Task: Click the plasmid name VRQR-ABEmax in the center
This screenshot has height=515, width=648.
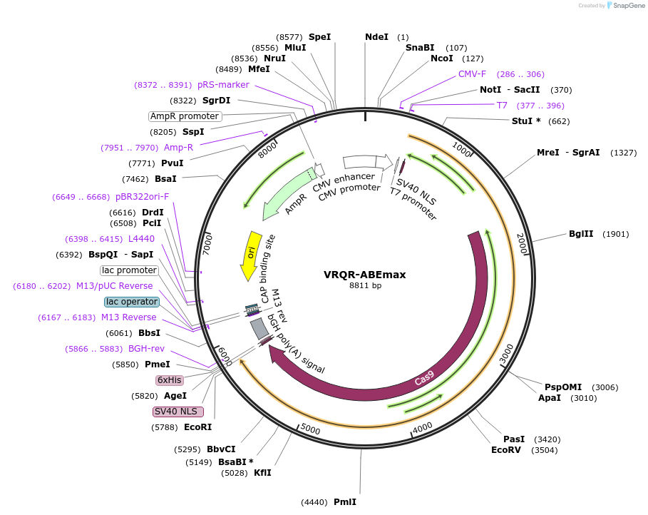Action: (364, 275)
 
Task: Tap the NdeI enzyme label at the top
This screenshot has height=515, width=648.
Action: (376, 37)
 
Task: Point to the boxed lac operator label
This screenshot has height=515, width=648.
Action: (131, 302)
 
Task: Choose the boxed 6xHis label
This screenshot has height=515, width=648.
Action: (169, 380)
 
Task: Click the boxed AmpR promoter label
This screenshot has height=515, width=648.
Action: (185, 116)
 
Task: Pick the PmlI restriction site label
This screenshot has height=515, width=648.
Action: (345, 502)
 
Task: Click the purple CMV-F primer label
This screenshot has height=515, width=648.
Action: (472, 74)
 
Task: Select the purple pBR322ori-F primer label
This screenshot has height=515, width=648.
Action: (143, 197)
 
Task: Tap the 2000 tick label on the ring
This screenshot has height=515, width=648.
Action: (521, 244)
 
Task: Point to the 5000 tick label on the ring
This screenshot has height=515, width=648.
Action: (309, 429)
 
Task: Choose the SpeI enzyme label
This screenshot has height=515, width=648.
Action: (319, 37)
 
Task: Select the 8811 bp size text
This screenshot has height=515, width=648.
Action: (364, 286)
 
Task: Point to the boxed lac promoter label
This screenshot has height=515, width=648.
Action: (129, 270)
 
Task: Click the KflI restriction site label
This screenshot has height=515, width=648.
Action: (262, 473)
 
